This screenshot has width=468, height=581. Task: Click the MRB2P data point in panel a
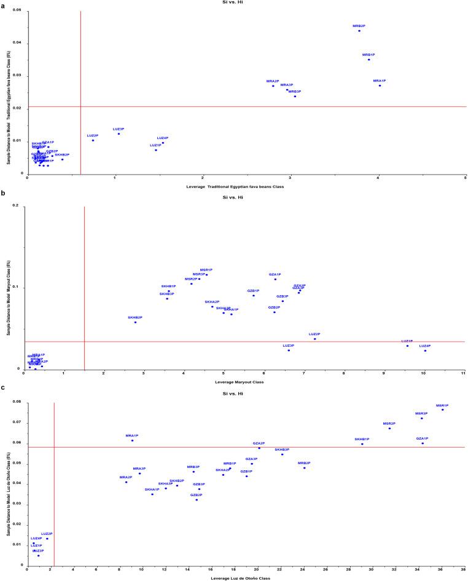point(359,31)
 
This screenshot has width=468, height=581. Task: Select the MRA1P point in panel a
point(380,85)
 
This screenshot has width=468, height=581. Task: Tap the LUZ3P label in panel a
point(119,129)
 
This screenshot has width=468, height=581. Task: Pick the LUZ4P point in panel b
point(425,350)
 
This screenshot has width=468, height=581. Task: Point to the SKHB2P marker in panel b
point(135,322)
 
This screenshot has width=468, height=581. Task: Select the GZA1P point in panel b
point(275,279)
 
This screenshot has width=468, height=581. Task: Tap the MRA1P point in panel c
point(132,440)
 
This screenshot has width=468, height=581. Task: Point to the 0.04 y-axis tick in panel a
point(19,43)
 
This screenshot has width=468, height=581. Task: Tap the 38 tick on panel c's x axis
point(464,570)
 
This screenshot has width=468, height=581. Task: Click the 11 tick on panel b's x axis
point(464,373)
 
